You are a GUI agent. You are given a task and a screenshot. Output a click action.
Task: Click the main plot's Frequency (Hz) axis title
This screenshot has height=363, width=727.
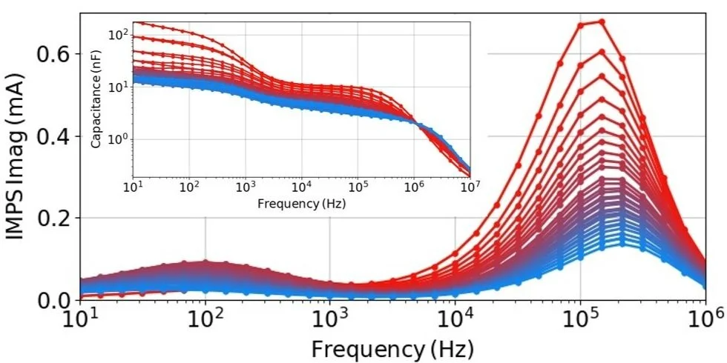[x=392, y=347]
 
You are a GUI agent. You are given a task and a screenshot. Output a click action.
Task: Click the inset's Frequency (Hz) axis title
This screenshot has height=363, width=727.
[x=301, y=202]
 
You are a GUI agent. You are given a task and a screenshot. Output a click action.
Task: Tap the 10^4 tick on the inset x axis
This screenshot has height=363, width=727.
[x=301, y=185]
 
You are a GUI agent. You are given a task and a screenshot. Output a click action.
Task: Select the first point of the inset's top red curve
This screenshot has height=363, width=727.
[x=134, y=22]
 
